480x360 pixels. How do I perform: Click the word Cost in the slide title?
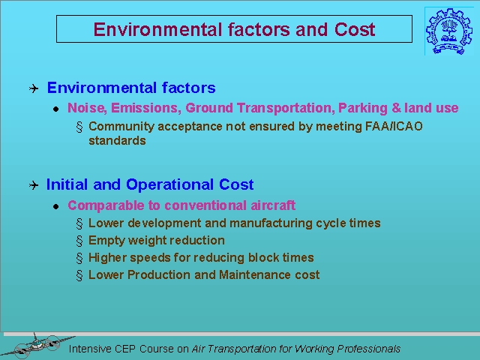(355, 29)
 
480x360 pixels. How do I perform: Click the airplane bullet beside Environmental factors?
(34, 88)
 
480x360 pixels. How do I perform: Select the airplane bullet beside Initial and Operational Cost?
(34, 185)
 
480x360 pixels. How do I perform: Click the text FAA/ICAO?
(394, 126)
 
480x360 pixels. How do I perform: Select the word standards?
(117, 141)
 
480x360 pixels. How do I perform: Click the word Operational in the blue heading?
(169, 184)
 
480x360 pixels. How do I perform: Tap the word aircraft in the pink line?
(273, 205)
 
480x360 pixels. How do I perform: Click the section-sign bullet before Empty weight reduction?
(79, 241)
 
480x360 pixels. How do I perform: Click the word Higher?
(107, 258)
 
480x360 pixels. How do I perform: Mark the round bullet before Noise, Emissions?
(55, 109)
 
